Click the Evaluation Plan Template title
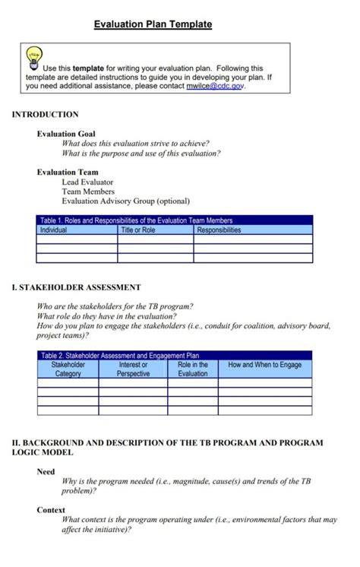(153, 24)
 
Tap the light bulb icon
(34, 58)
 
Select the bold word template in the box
(88, 68)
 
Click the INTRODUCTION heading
(45, 115)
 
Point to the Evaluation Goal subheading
(66, 134)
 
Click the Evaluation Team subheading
(67, 173)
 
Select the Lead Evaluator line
(87, 182)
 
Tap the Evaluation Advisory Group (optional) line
(125, 201)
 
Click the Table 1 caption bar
(175, 220)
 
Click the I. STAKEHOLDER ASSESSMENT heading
(77, 288)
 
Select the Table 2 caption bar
(175, 355)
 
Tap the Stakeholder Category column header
(68, 369)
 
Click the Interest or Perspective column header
(133, 369)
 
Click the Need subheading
(46, 472)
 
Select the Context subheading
(50, 511)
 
